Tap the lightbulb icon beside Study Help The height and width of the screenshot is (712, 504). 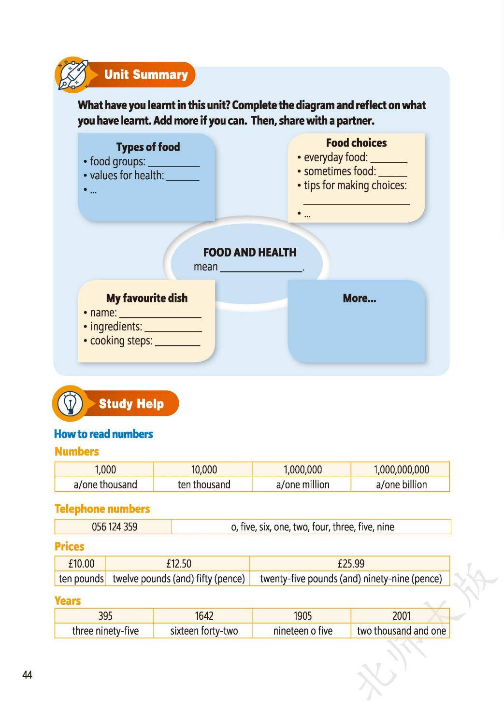[70, 403]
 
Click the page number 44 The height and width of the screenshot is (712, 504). [27, 675]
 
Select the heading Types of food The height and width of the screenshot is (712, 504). [148, 147]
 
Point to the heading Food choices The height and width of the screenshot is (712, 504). [356, 143]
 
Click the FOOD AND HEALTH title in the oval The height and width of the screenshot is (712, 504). [249, 252]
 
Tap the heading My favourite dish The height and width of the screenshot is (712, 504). [147, 298]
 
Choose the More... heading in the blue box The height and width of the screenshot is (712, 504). [359, 299]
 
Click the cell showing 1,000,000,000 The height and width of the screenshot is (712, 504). [401, 470]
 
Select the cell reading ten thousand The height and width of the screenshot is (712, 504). [204, 484]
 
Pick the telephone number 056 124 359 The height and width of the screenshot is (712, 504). [115, 527]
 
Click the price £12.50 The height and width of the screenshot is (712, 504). [179, 564]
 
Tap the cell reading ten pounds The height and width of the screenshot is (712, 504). [81, 579]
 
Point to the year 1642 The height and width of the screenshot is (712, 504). [204, 616]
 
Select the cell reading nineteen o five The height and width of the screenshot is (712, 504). [302, 631]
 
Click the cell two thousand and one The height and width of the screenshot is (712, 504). [401, 631]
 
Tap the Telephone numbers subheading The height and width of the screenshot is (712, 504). [102, 509]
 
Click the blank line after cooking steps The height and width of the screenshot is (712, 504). [177, 344]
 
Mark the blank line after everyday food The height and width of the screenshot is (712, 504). [389, 160]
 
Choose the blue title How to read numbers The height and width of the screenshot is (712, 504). [103, 434]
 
